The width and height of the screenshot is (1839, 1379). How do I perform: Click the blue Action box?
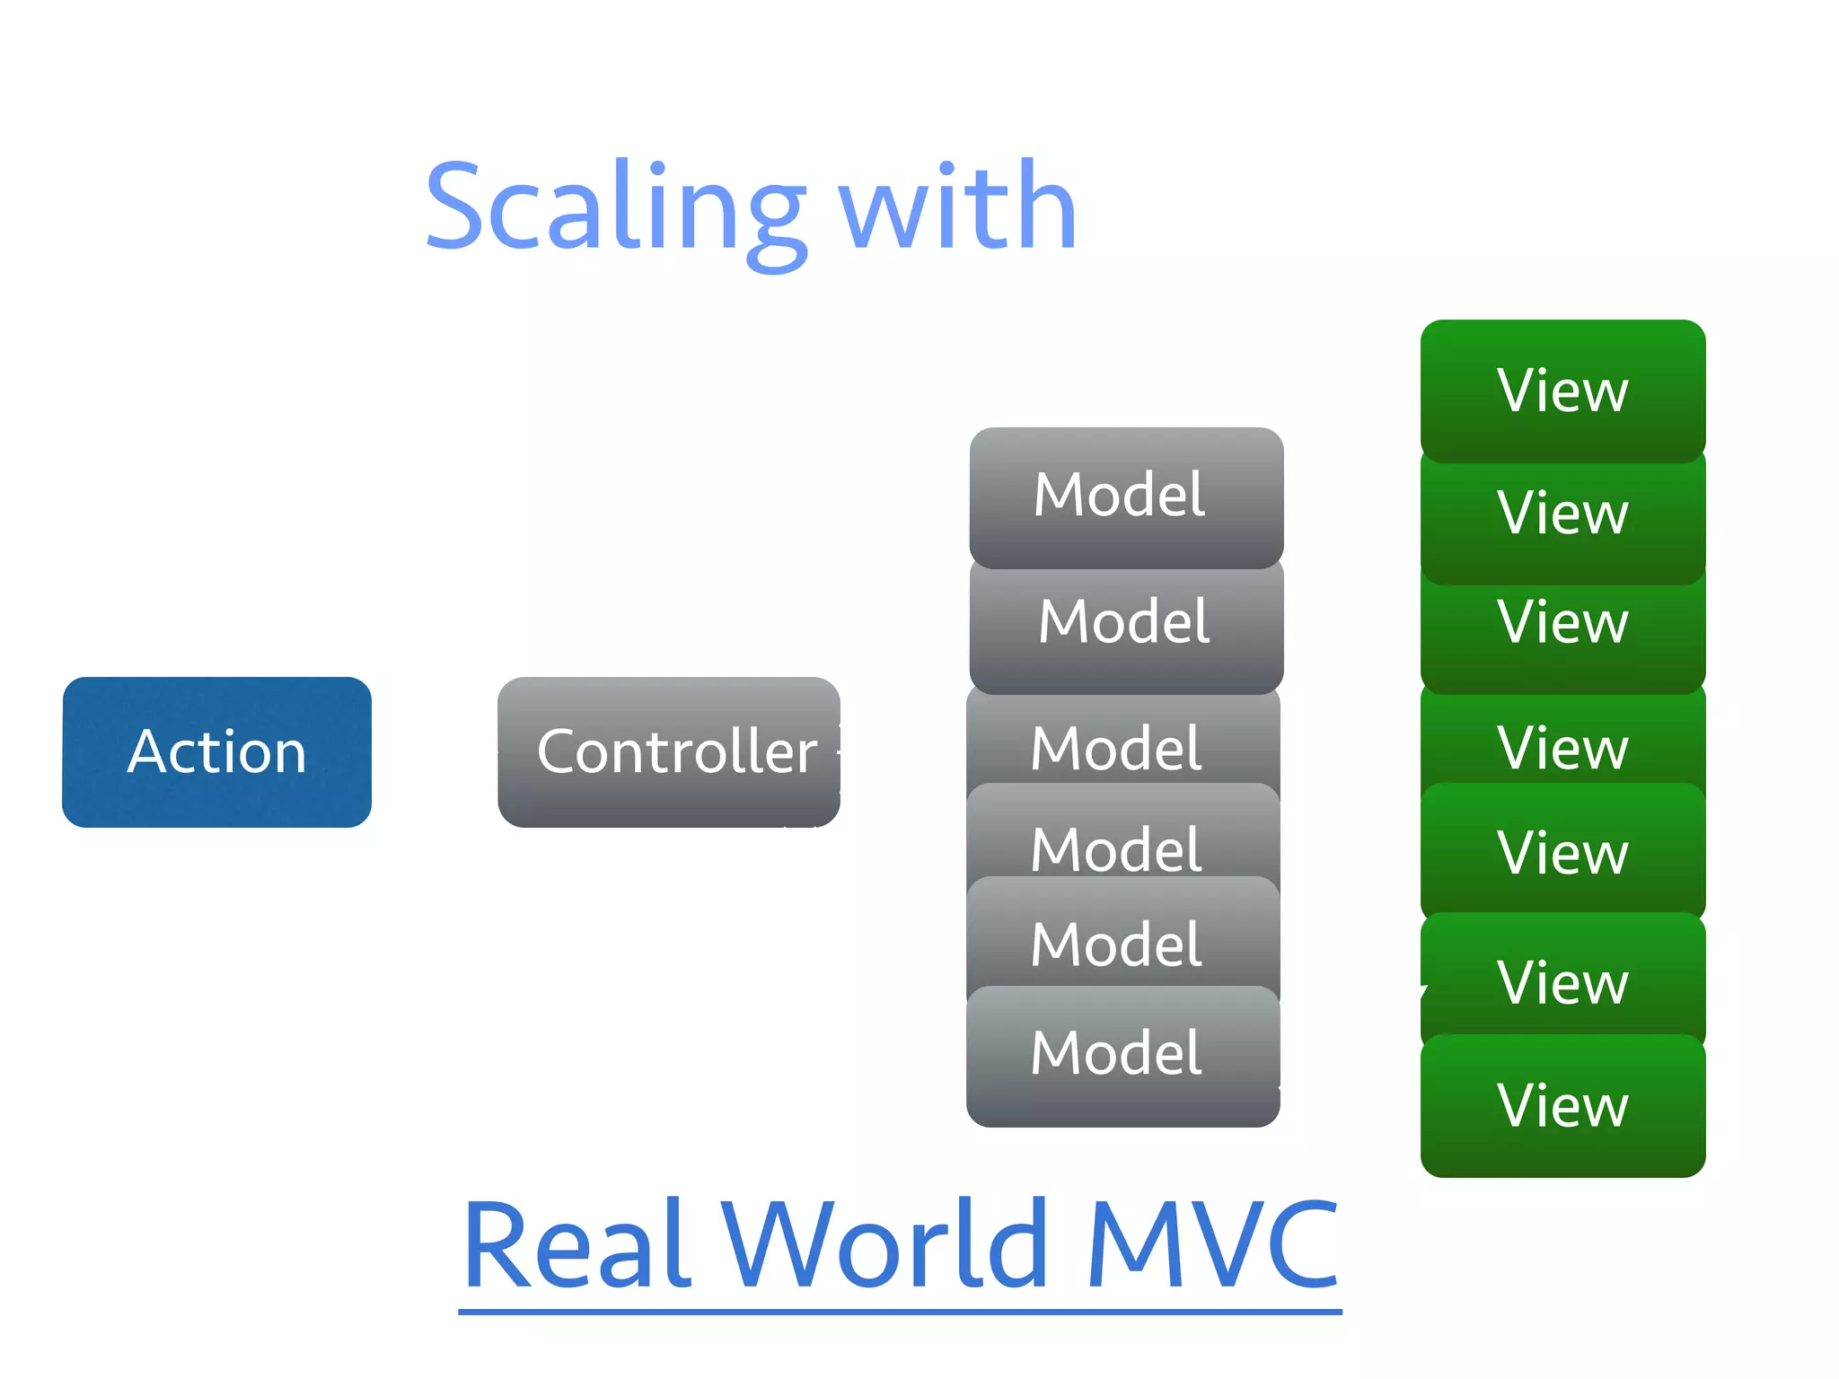point(216,751)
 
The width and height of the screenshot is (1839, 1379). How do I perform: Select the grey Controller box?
point(669,751)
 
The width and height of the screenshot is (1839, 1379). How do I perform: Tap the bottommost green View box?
point(1562,1106)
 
